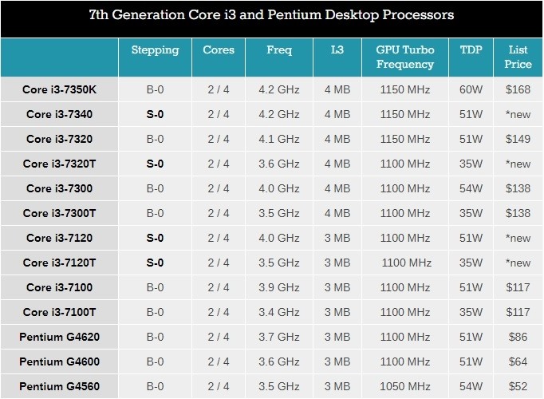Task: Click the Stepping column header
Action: (155, 50)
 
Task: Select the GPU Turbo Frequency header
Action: (405, 57)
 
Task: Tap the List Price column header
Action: (518, 57)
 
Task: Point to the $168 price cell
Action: (518, 89)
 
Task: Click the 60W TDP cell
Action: (471, 89)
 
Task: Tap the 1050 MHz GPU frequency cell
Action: (405, 386)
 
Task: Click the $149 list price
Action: (518, 139)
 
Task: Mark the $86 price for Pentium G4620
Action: (518, 337)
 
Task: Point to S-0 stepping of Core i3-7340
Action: (155, 114)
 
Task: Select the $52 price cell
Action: (518, 386)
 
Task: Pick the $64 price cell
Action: (518, 361)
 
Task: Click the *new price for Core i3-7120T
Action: (518, 263)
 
